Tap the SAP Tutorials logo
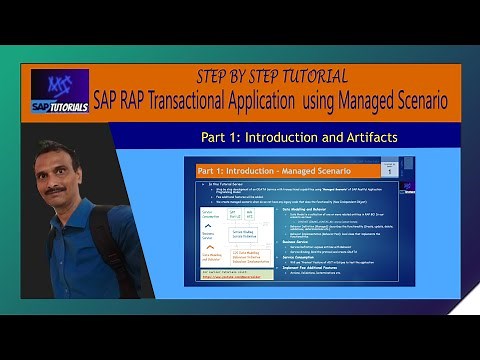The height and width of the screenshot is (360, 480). point(59,92)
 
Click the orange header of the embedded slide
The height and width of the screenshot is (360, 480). point(280,171)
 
